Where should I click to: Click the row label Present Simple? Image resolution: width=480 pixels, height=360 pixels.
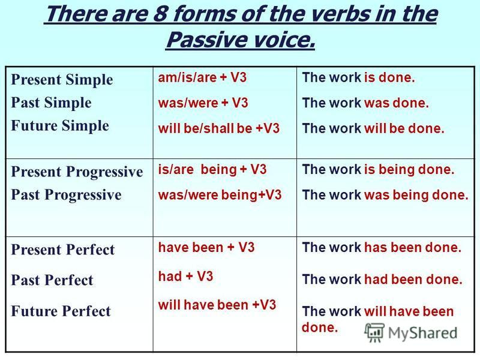(62, 80)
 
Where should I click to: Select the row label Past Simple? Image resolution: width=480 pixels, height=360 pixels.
(51, 103)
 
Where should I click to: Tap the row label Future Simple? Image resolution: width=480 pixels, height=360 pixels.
(60, 125)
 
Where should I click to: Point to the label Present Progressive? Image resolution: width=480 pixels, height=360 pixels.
(77, 172)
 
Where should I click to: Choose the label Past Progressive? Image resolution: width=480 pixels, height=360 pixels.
(66, 194)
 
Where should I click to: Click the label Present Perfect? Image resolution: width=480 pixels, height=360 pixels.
(63, 250)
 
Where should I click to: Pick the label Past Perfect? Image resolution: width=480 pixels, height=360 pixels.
(52, 280)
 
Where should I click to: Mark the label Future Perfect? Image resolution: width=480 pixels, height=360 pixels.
(61, 311)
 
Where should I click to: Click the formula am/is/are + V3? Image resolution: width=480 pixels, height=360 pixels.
(202, 77)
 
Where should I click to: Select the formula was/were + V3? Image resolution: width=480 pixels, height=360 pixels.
(203, 103)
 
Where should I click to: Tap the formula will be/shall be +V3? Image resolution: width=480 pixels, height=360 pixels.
(219, 128)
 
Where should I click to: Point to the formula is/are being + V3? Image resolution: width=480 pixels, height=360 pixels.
(212, 169)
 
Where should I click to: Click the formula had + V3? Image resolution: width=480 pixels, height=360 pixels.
(185, 277)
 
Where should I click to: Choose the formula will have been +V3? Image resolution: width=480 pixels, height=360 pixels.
(217, 305)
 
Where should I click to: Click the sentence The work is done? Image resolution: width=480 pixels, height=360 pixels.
(358, 77)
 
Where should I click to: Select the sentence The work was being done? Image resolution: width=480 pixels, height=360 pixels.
(385, 195)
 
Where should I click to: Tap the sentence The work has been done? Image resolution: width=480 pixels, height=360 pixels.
(382, 247)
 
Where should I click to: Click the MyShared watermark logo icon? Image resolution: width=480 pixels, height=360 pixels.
(374, 332)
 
